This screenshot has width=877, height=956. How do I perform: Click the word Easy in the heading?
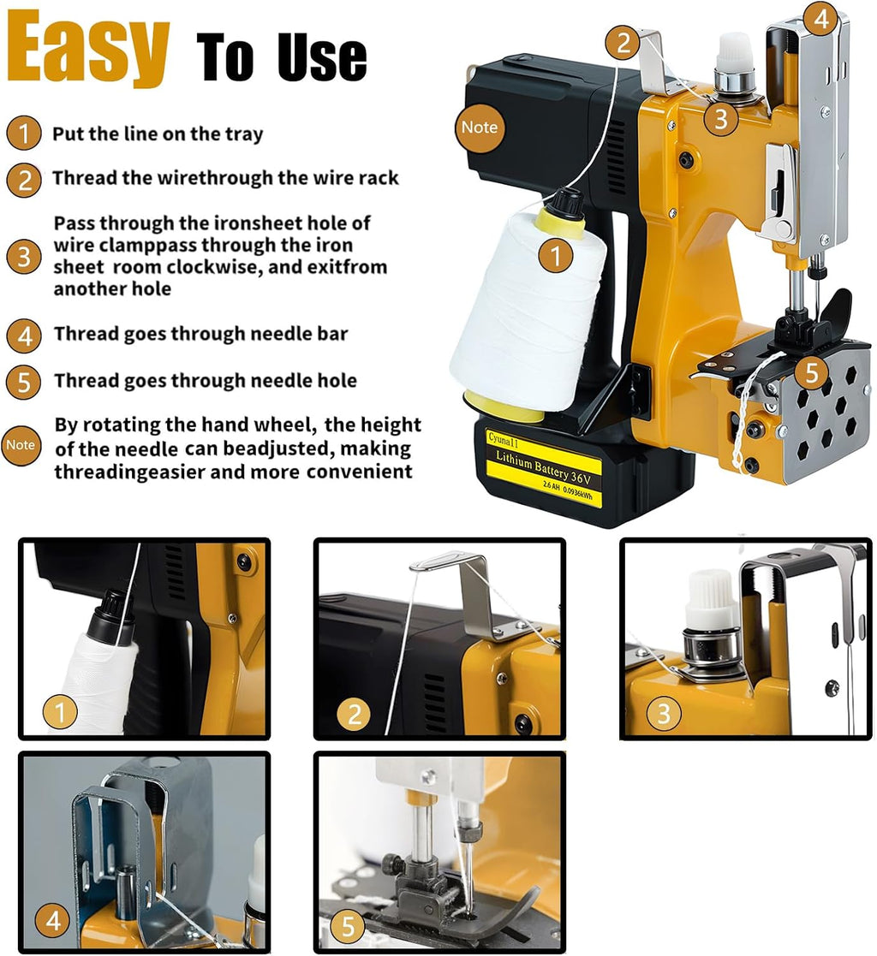click(x=87, y=50)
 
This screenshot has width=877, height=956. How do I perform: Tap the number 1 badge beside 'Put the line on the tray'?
click(x=24, y=134)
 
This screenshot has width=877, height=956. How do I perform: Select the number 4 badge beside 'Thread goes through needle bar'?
click(x=24, y=335)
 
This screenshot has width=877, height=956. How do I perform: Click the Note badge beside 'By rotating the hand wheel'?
click(x=21, y=445)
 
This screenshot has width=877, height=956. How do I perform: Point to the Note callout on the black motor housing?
click(x=479, y=128)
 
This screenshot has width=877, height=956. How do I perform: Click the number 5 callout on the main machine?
click(x=811, y=372)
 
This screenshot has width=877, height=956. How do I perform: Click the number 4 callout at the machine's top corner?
click(x=821, y=20)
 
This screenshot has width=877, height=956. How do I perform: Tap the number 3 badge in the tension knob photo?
click(x=664, y=713)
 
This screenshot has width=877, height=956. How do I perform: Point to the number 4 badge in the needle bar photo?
click(x=53, y=920)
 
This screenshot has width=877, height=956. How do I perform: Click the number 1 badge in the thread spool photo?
click(x=60, y=711)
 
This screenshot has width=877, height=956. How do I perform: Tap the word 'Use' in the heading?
click(x=322, y=58)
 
